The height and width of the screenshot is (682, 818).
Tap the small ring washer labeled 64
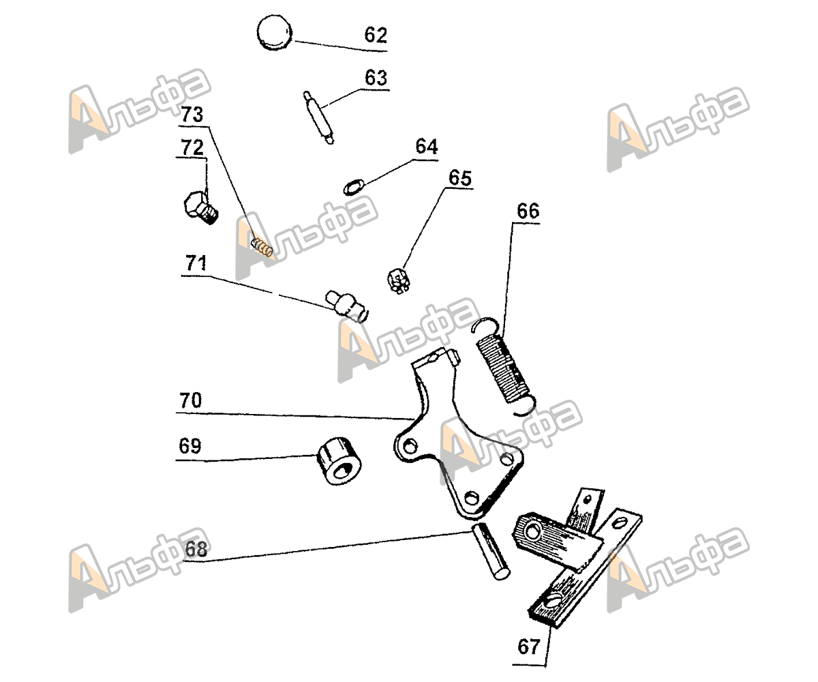353,185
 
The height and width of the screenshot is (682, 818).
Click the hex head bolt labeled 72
200,206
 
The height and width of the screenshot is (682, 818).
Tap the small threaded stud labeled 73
262,246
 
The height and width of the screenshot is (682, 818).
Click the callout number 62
375,35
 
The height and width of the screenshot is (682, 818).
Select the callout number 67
529,646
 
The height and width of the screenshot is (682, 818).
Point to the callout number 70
191,400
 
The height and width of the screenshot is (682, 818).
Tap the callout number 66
528,211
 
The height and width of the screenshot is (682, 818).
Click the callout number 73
192,115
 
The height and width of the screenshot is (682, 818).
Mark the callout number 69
190,447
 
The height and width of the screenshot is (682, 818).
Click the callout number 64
427,147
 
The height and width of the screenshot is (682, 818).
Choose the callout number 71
194,261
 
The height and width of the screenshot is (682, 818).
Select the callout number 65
459,178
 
